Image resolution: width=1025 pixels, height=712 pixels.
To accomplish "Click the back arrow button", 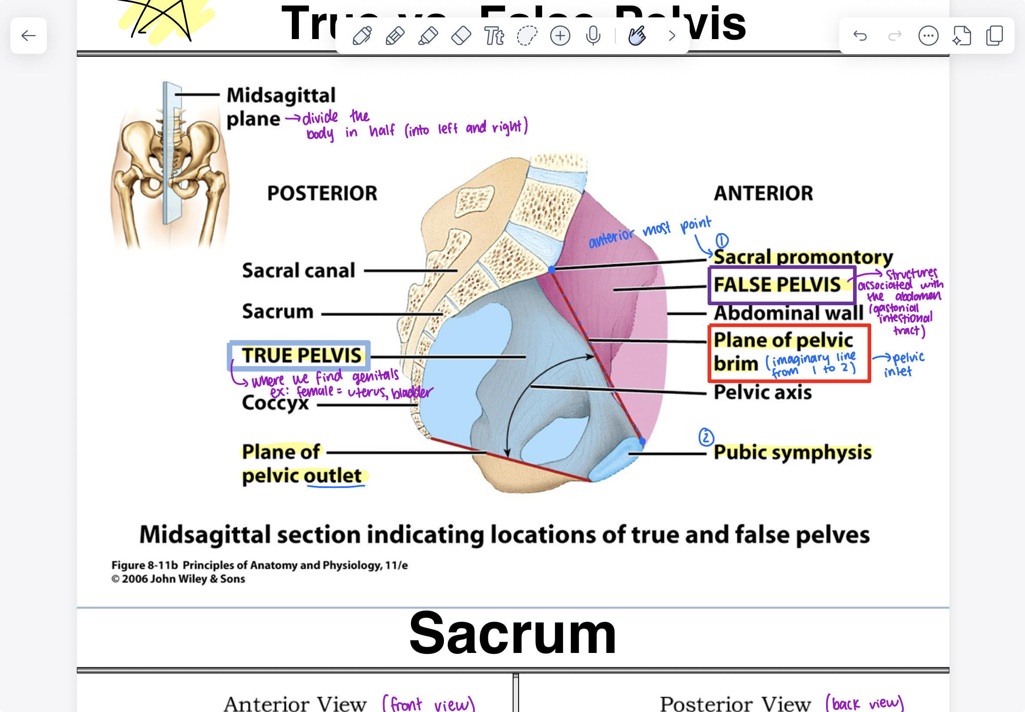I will tap(29, 36).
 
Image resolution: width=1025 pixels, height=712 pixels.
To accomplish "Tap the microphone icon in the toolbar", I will tap(593, 36).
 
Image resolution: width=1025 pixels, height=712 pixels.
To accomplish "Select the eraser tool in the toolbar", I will tap(461, 36).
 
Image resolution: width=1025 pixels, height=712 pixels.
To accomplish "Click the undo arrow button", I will tap(860, 36).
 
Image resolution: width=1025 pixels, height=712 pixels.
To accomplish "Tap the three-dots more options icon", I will tap(928, 36).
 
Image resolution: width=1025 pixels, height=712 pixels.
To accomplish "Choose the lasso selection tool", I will tap(526, 36).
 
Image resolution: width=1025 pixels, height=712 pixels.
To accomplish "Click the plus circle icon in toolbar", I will tap(560, 36).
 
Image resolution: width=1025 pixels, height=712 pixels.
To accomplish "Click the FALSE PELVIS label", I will tap(777, 285).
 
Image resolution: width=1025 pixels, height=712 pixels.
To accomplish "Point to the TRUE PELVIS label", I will tap(302, 356).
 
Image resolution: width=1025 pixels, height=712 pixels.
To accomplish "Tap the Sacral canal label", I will tap(298, 270).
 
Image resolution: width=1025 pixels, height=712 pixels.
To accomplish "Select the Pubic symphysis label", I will tap(793, 452).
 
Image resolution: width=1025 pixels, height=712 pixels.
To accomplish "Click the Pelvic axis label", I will tap(763, 392).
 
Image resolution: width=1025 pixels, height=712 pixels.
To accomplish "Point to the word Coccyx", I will tap(275, 403).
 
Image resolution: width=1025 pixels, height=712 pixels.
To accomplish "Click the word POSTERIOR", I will tap(322, 193).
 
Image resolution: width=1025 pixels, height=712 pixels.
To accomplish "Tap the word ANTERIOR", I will tap(764, 193).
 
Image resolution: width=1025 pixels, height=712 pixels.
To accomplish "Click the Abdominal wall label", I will tap(788, 313).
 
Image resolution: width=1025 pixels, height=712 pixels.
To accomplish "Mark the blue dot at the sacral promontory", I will tap(552, 270).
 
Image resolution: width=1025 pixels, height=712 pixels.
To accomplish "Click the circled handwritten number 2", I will tap(706, 437).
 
